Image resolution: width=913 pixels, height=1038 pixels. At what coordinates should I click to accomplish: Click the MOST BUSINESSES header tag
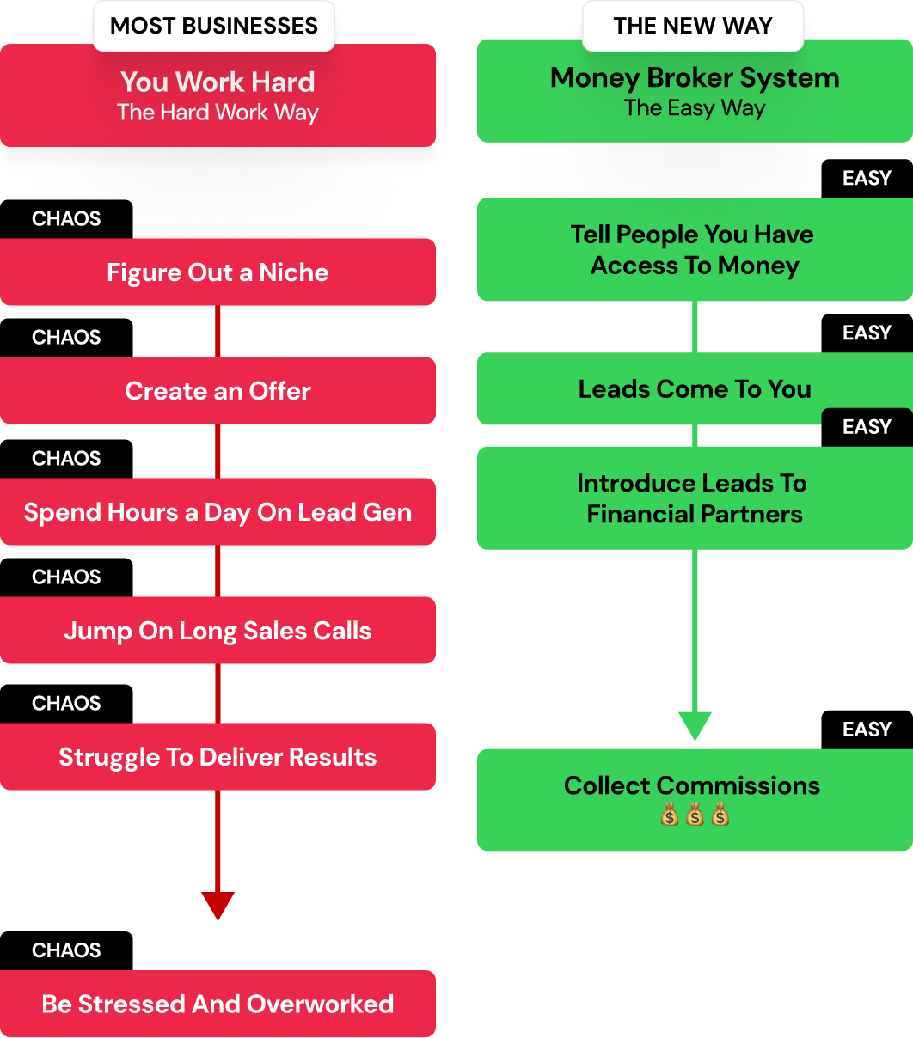pyautogui.click(x=214, y=26)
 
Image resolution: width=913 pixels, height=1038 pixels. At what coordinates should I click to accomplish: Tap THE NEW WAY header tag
pyautogui.click(x=693, y=26)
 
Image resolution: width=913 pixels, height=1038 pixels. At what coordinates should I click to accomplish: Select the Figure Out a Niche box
pyautogui.click(x=218, y=272)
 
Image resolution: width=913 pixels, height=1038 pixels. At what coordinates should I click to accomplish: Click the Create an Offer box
pyautogui.click(x=218, y=391)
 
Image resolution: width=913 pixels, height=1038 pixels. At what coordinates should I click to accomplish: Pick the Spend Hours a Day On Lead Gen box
pyautogui.click(x=218, y=512)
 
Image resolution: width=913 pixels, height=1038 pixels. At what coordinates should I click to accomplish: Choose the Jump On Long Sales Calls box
pyautogui.click(x=218, y=631)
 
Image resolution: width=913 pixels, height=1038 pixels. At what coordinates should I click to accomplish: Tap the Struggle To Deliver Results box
pyautogui.click(x=218, y=757)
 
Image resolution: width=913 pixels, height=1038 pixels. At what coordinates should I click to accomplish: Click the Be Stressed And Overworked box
pyautogui.click(x=218, y=1004)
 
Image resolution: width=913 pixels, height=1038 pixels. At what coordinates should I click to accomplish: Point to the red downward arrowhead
pyautogui.click(x=218, y=905)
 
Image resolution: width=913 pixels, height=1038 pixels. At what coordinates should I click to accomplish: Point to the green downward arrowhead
pyautogui.click(x=695, y=725)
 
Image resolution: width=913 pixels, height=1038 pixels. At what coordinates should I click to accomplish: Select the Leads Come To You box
pyautogui.click(x=695, y=389)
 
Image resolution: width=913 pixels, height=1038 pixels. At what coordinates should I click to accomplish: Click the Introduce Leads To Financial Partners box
pyautogui.click(x=695, y=498)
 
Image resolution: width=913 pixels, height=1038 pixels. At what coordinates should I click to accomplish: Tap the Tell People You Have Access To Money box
pyautogui.click(x=695, y=250)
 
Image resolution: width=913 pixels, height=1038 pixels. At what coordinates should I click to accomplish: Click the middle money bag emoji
pyautogui.click(x=695, y=815)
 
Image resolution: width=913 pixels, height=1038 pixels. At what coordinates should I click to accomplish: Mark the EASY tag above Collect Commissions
pyautogui.click(x=867, y=730)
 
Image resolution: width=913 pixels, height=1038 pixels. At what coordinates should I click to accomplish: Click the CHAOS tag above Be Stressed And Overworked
pyautogui.click(x=66, y=950)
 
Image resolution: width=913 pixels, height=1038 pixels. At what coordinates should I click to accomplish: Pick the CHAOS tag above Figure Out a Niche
pyautogui.click(x=66, y=219)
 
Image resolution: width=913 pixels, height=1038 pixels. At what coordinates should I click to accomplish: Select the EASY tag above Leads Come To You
pyautogui.click(x=867, y=333)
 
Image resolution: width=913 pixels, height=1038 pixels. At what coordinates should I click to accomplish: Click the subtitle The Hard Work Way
pyautogui.click(x=218, y=113)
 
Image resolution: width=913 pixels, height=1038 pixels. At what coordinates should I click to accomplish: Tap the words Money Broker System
pyautogui.click(x=695, y=78)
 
